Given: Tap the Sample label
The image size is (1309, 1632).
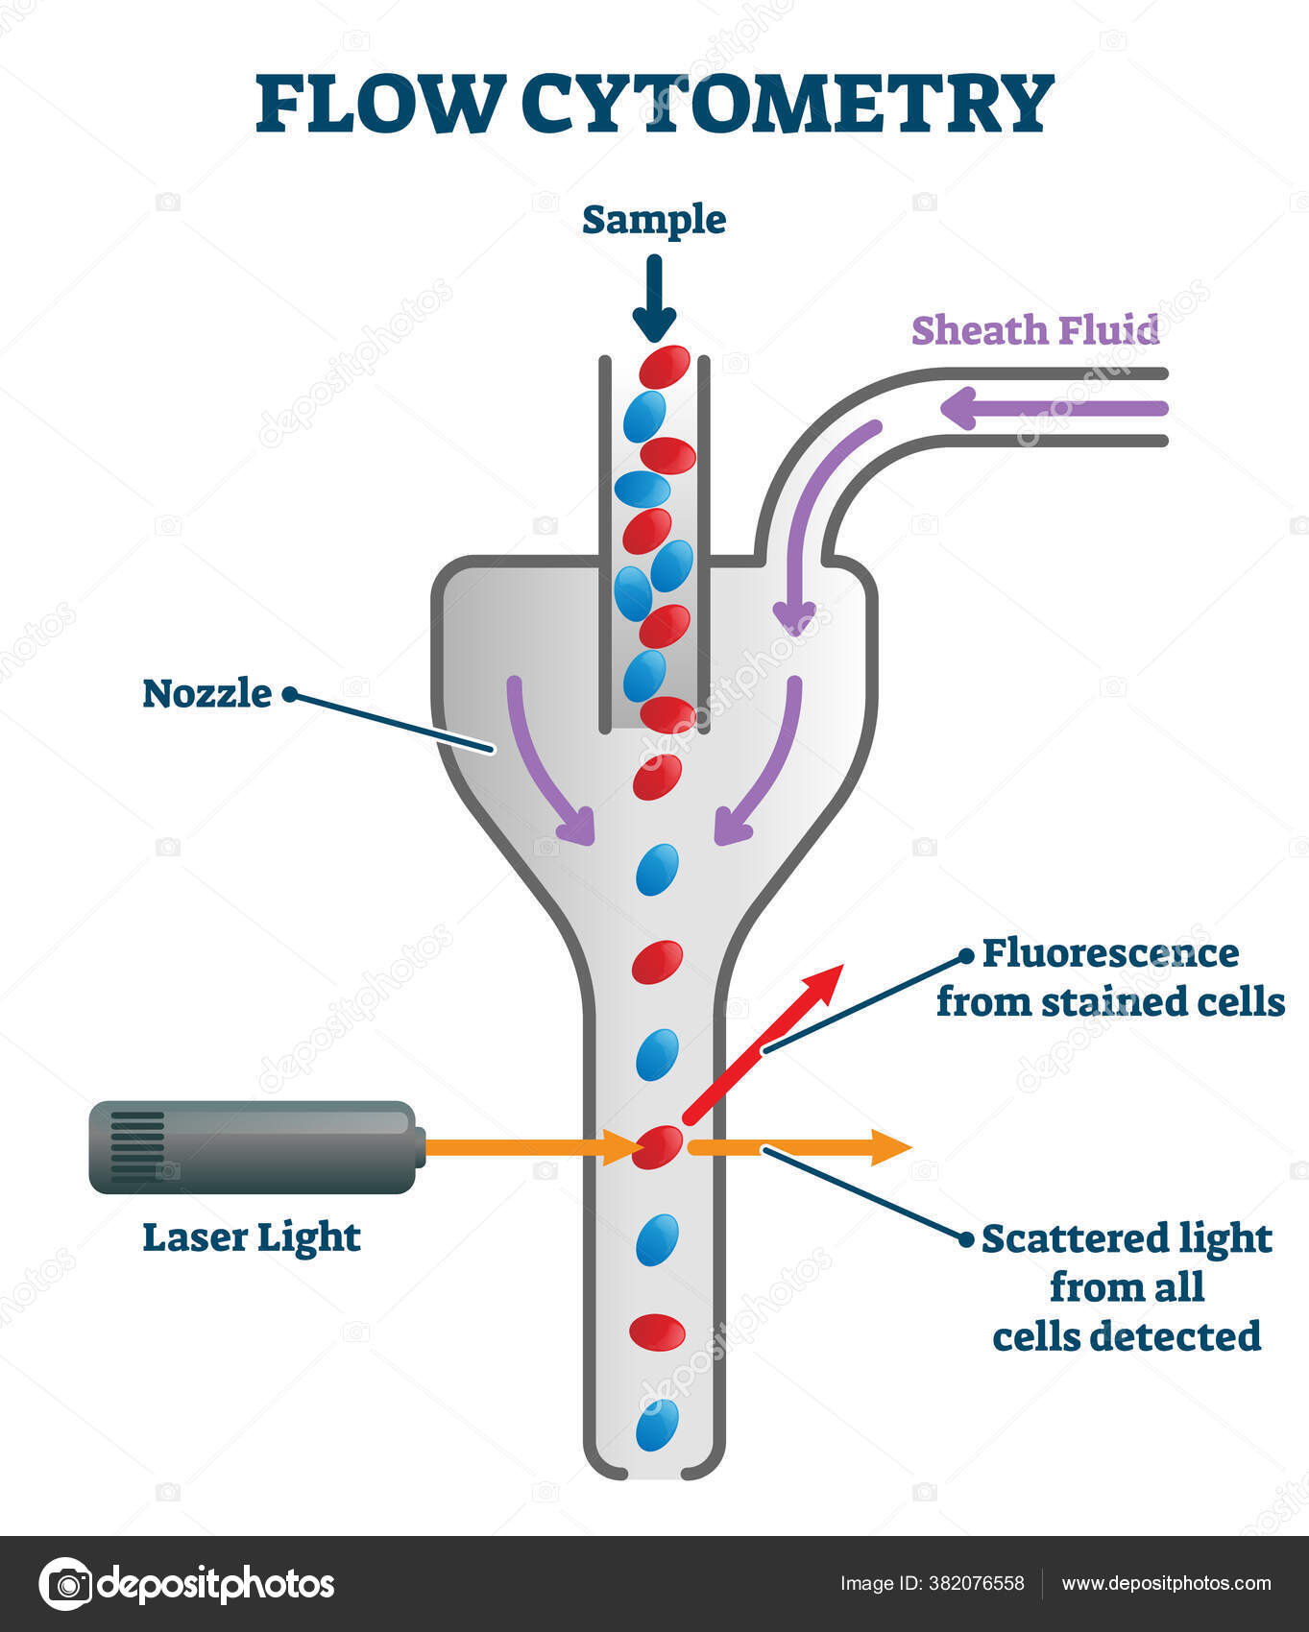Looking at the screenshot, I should click(x=654, y=220).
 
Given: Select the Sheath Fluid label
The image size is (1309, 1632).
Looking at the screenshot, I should click(x=1035, y=330).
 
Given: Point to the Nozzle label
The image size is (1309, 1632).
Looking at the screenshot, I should click(x=206, y=693).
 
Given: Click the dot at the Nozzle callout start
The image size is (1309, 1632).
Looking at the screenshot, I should click(x=289, y=694).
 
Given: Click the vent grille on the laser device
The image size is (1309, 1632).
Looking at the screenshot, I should click(x=136, y=1146).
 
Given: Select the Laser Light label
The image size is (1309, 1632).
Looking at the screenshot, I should click(x=252, y=1237).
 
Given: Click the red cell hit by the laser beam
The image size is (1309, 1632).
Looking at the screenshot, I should click(x=657, y=1147).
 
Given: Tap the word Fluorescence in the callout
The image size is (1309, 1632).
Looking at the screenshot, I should click(x=1110, y=953).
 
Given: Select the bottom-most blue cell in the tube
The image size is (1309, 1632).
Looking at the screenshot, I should click(x=657, y=1425).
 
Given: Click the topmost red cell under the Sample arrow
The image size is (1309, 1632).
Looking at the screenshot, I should click(x=665, y=366).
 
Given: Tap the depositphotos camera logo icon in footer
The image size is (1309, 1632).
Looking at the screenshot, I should click(x=66, y=1583).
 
